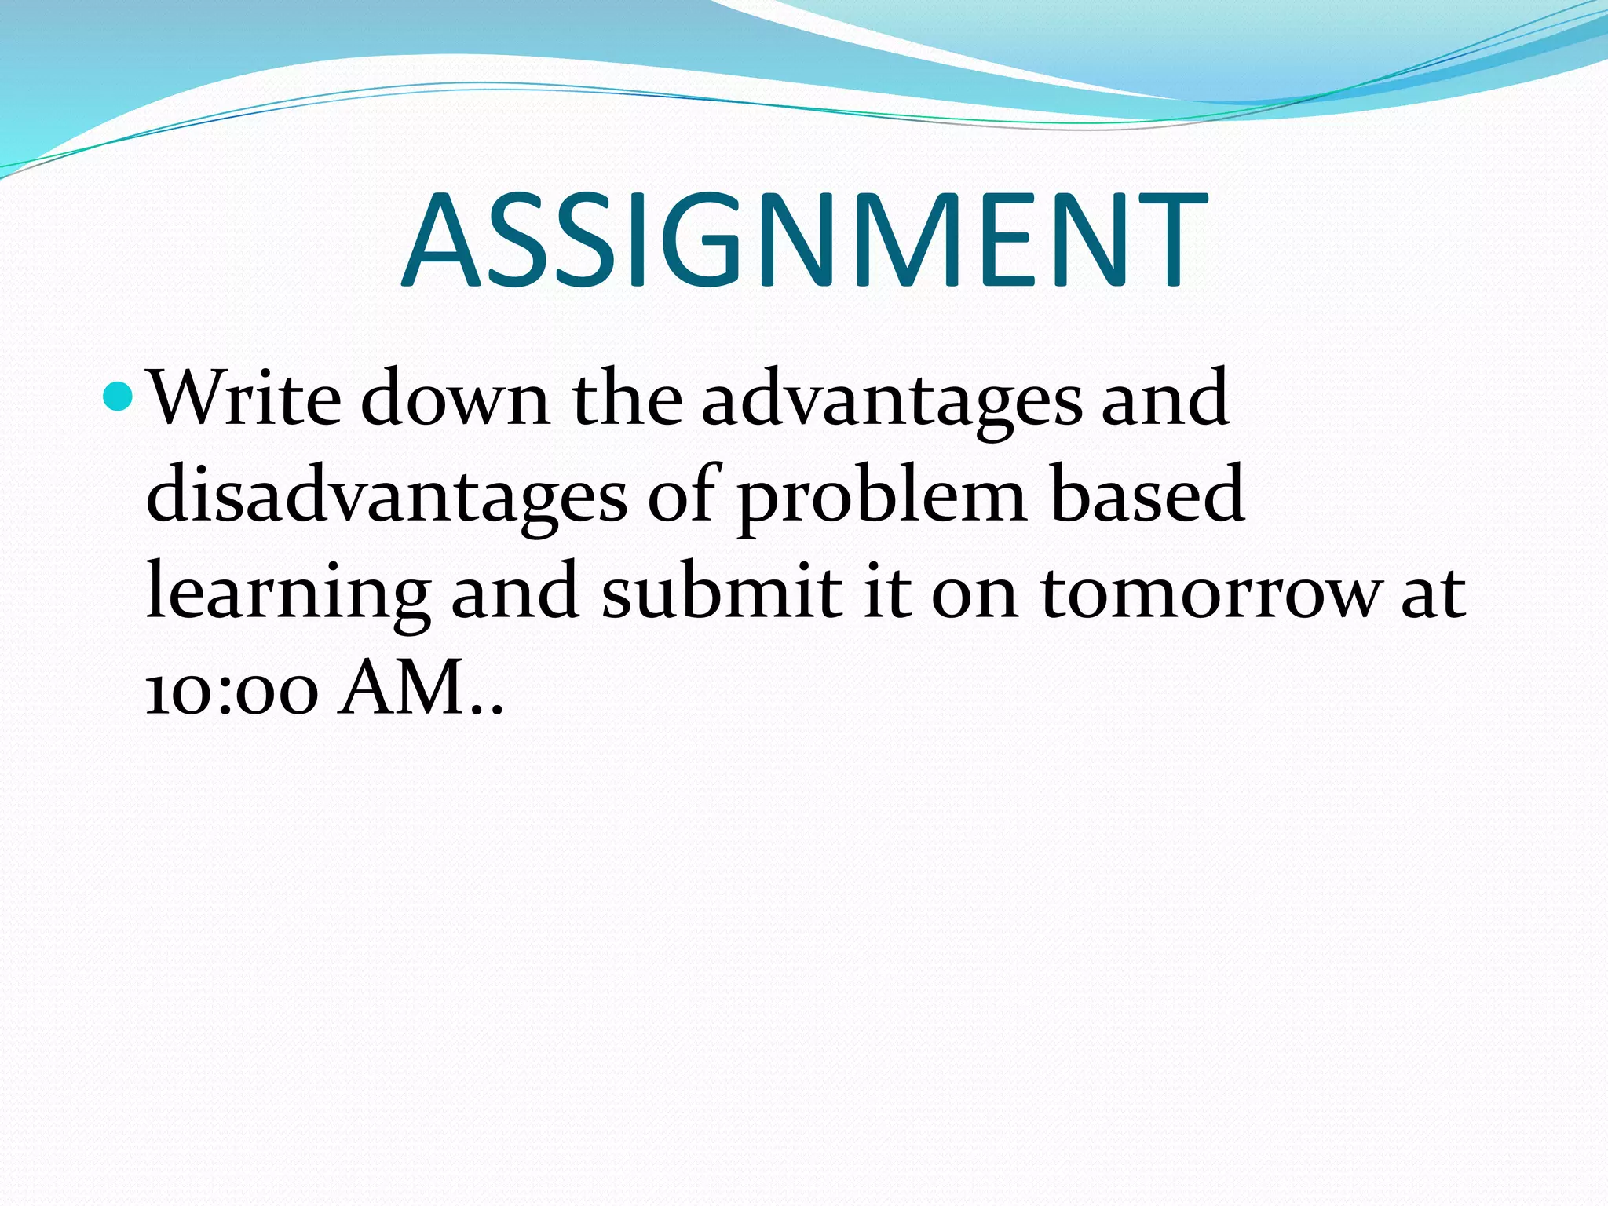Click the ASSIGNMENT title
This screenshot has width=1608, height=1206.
[x=804, y=241]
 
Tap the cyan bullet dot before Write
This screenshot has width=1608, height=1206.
[x=119, y=397]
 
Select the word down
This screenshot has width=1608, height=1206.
[x=455, y=399]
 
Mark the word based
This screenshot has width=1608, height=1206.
[x=1147, y=495]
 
